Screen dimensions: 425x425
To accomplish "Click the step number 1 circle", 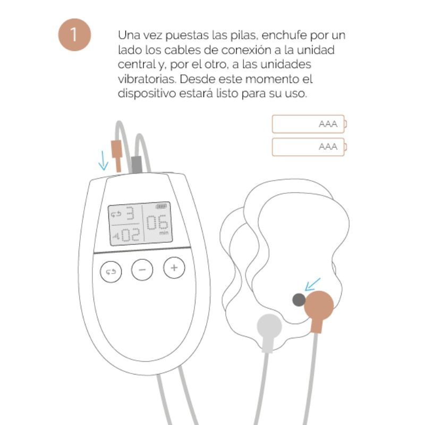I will (x=75, y=35).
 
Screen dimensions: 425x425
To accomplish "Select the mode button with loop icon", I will (x=110, y=271).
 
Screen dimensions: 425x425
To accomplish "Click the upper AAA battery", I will (x=308, y=124).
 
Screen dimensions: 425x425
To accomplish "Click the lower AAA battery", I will (x=308, y=147).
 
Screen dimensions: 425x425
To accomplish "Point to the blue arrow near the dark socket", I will (x=313, y=284).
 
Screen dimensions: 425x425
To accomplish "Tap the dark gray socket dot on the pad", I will (x=299, y=300).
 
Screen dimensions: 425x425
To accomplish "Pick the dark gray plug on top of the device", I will (x=136, y=164).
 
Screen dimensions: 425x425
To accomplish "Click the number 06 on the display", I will (x=156, y=223).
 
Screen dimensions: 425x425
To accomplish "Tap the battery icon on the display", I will (x=160, y=207).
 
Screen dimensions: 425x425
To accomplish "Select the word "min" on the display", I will (x=163, y=233).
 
